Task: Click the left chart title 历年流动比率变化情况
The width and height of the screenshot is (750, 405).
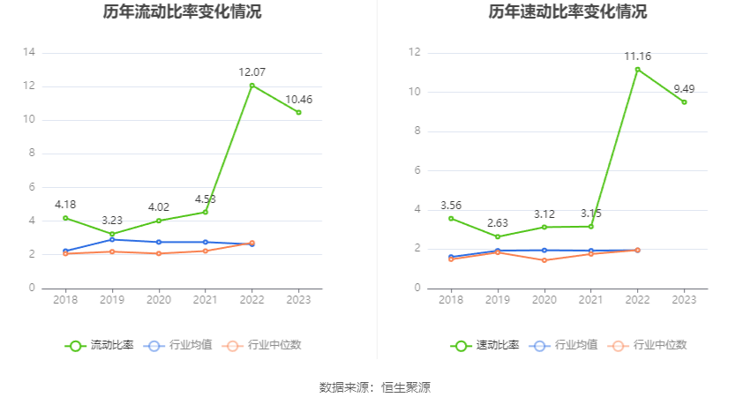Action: (182, 12)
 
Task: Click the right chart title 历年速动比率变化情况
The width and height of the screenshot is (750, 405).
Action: (567, 12)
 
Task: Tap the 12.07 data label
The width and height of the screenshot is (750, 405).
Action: (251, 71)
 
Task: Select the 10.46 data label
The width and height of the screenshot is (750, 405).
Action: (298, 100)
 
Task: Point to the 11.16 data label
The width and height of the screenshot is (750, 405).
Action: (637, 56)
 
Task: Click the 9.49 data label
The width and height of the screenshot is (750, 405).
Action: (684, 88)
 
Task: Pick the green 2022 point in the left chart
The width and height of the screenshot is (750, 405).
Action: (252, 86)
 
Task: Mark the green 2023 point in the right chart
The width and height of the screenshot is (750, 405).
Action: (684, 102)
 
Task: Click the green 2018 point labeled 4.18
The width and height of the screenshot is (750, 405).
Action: (65, 218)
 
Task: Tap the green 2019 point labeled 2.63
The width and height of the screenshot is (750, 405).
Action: (498, 236)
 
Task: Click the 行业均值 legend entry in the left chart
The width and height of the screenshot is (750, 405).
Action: (178, 345)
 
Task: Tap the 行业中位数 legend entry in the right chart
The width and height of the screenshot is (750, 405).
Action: (653, 345)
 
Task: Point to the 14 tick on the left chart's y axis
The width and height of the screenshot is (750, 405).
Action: (29, 52)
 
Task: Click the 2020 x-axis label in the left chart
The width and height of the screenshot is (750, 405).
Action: (159, 301)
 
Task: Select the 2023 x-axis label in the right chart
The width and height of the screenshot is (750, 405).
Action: (684, 301)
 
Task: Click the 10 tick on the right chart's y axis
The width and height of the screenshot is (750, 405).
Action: (415, 92)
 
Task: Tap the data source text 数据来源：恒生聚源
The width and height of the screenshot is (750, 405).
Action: (375, 387)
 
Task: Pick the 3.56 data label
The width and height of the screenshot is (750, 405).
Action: (451, 206)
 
